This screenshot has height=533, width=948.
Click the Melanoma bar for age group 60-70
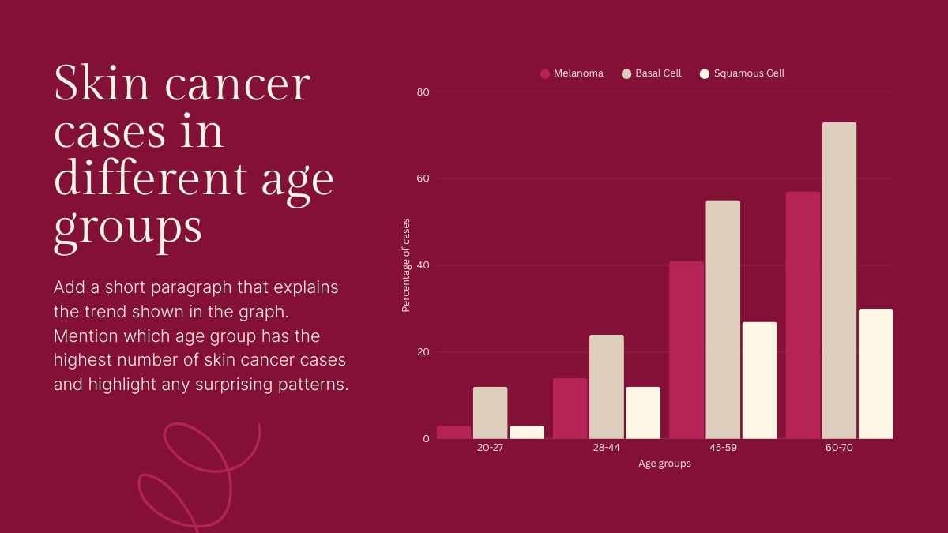803,315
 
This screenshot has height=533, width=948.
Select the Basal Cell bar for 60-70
839,280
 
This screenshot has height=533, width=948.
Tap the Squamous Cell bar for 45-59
759,380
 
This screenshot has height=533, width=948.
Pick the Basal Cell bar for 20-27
490,412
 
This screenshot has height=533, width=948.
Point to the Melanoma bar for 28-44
570,408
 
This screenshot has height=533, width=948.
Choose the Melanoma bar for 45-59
686,350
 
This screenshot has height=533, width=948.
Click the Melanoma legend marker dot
545,73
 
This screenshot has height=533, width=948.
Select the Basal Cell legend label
658,73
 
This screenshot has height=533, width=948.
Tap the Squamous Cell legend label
749,73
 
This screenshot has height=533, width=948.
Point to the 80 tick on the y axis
423,92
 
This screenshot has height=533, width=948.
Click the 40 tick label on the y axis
423,265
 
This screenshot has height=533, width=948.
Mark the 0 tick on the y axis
426,438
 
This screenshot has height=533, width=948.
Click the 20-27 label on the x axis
490,448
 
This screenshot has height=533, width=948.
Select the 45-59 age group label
722,448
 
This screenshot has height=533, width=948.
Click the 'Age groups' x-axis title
664,464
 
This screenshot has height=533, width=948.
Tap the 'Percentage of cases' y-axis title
406,265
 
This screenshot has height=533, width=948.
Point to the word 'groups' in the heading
128,227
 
